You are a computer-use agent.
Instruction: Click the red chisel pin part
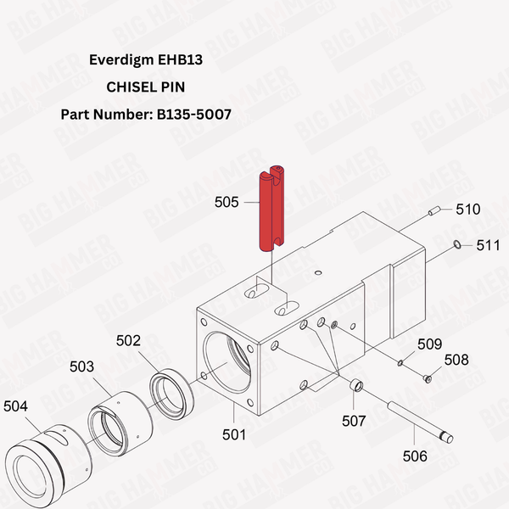pos(271,208)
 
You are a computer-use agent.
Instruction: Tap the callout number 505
pos(227,203)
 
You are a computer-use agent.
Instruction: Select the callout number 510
pos(468,209)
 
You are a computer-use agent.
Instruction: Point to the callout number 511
pos(488,245)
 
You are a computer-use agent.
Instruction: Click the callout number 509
pos(429,344)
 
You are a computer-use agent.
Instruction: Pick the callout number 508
pos(456,360)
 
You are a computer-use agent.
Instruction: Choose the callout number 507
pos(353,420)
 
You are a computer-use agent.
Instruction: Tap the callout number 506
pos(415,456)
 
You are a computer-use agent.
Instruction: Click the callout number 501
pos(233,434)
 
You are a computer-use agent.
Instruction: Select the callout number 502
pos(128,340)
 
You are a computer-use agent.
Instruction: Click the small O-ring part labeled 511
pos(457,245)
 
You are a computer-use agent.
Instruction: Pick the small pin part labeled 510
pos(433,212)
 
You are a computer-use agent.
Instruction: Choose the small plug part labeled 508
pos(428,379)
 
